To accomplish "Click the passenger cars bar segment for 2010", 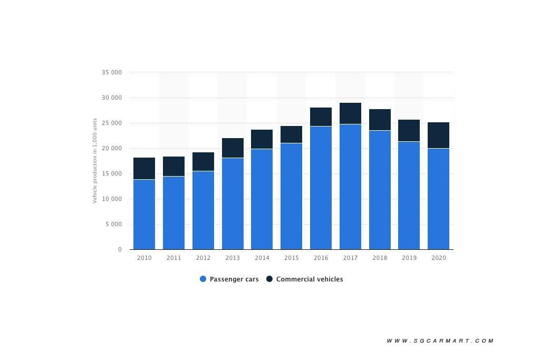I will (144, 214).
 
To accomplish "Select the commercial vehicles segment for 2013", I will (233, 148).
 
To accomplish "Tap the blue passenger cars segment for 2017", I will (350, 187).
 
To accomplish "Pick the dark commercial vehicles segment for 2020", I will (438, 135).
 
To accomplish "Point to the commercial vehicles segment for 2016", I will (321, 116).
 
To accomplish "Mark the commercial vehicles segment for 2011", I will (173, 166).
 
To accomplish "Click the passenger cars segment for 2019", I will (409, 195).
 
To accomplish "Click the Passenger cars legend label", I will (234, 279).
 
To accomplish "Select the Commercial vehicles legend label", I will (310, 279).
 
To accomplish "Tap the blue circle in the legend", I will (203, 279).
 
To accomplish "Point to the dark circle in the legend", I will (269, 279).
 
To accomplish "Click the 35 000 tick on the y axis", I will (112, 72).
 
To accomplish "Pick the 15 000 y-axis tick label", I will (112, 173).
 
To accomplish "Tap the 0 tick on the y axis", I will (120, 249).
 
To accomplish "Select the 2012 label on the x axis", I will (203, 258).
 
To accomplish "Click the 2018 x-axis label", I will (380, 258).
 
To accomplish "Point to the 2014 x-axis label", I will (262, 258).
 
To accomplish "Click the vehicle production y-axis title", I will (95, 160).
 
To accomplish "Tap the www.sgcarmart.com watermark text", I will (440, 341).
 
